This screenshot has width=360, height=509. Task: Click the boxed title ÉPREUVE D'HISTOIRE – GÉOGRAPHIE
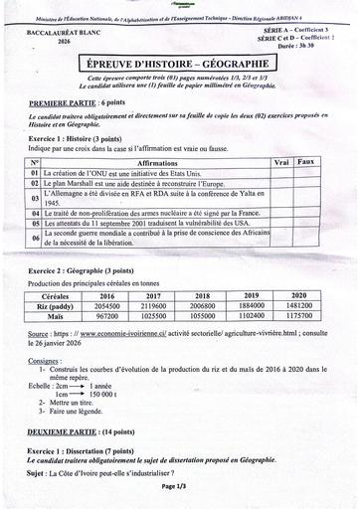pyautogui.click(x=179, y=63)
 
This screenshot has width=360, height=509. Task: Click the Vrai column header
pyautogui.click(x=281, y=161)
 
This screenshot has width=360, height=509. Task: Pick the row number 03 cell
pyautogui.click(x=35, y=197)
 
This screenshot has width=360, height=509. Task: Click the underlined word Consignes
pyautogui.click(x=46, y=360)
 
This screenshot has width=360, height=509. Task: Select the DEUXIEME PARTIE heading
pyautogui.click(x=64, y=430)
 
